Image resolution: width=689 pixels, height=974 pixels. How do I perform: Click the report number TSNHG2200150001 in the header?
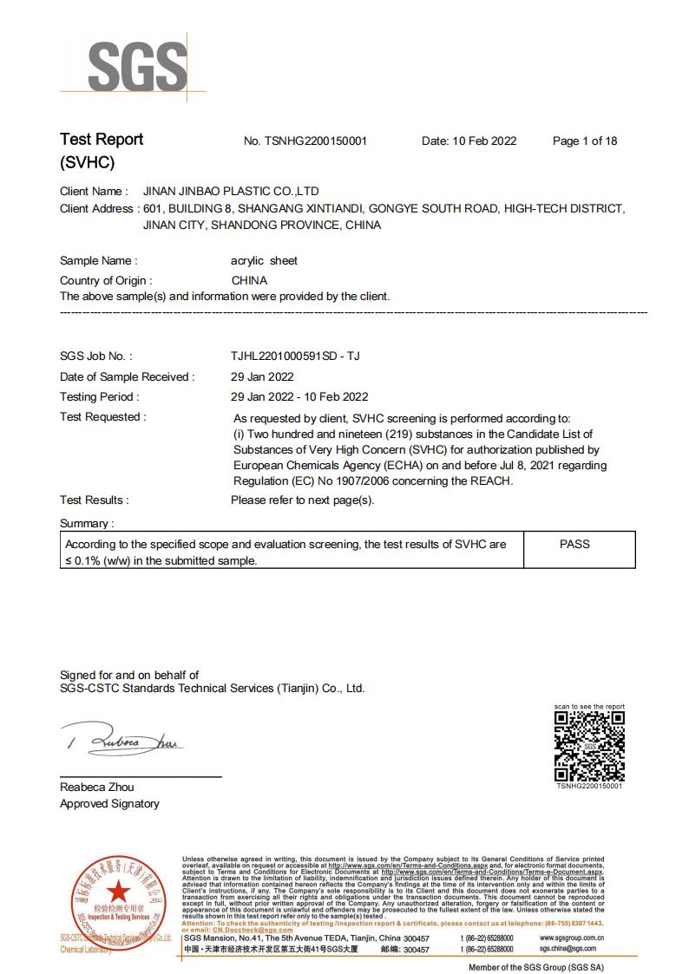318,141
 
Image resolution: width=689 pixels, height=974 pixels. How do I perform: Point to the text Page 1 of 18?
584,141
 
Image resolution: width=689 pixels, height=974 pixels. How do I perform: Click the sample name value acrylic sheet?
263,260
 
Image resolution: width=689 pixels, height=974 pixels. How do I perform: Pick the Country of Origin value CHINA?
249,280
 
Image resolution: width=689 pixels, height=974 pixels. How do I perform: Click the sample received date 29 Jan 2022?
262,376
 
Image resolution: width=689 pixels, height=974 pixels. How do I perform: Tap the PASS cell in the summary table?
574,544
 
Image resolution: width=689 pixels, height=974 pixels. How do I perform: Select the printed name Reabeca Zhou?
97,787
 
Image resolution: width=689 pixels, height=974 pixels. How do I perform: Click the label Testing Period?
99,396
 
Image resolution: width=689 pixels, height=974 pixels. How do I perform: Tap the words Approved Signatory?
109,804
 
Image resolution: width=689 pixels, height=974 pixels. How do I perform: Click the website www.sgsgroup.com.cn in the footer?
571,938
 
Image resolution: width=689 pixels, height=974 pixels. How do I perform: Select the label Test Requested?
102,417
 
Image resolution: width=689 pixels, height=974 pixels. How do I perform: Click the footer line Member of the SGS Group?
535,966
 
